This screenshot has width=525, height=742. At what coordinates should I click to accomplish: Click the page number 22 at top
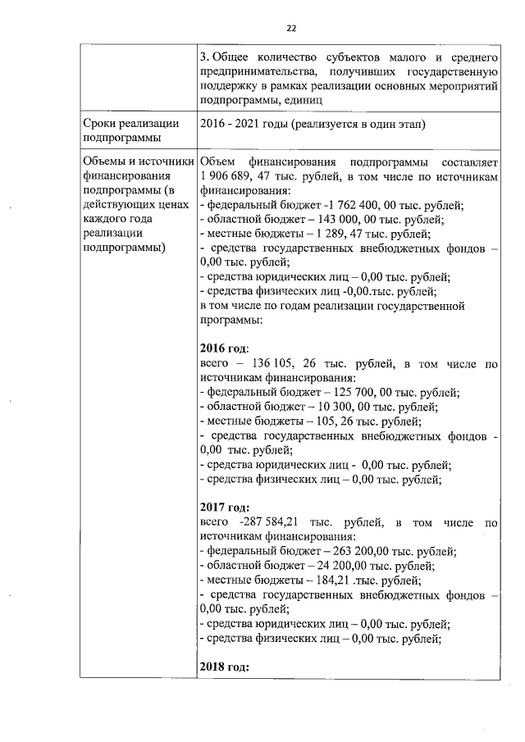click(290, 28)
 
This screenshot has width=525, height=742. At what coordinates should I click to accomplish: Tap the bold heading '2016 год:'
click(224, 348)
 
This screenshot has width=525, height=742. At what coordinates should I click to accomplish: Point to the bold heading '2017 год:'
click(224, 507)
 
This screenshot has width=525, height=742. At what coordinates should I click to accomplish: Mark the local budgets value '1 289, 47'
click(326, 234)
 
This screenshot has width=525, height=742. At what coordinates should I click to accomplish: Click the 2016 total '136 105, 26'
click(293, 363)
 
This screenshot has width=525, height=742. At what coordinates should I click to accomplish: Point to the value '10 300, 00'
click(336, 407)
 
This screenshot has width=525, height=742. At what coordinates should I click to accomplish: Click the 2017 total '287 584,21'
click(272, 521)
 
